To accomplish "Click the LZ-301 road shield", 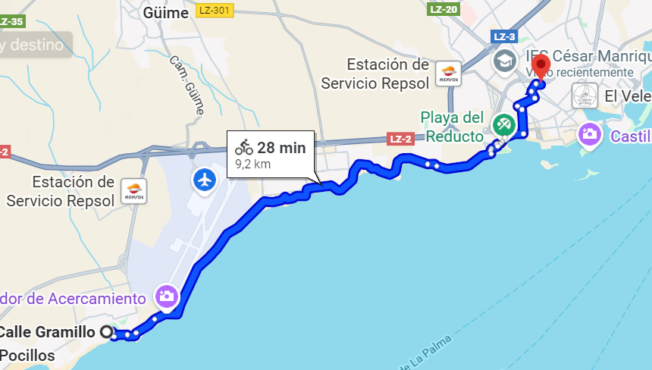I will [215, 10].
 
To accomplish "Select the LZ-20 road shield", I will [444, 9].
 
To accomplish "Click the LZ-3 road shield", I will [504, 36].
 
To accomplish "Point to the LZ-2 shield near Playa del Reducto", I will [400, 139].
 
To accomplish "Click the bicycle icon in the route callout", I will [243, 147].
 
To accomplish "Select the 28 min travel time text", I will [281, 148].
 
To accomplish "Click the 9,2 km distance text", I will [252, 163].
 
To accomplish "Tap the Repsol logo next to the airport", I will [133, 192].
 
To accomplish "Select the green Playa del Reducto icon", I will [502, 123].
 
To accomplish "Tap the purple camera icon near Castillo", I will [589, 136].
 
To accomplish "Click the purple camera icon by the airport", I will [167, 296].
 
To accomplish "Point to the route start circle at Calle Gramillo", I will [107, 331].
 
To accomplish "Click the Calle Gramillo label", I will [47, 331].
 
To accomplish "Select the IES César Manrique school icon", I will [503, 59].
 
